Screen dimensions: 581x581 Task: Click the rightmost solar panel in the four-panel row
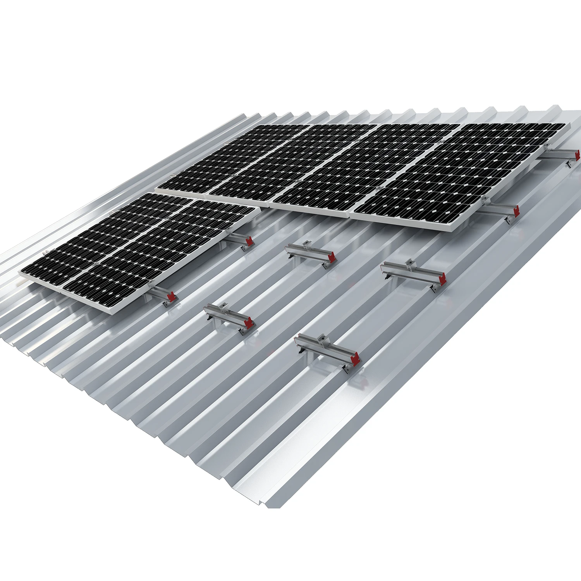465,174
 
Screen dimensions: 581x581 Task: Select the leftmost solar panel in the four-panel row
229,159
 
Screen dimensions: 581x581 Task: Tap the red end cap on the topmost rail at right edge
578,155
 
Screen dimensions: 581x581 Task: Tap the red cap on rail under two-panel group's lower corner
171,297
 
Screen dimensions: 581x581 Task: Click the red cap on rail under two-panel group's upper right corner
249,241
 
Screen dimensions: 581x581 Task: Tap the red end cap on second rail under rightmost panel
516,211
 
